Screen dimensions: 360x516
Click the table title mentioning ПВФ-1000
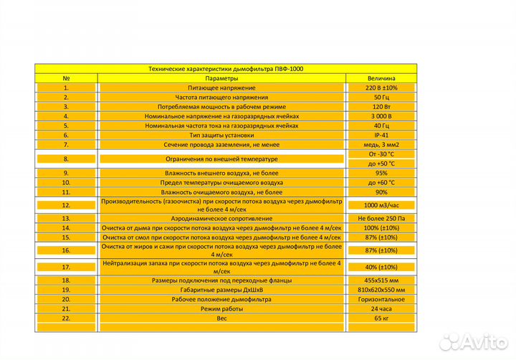[x=225, y=69]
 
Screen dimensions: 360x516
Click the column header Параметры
[x=221, y=78]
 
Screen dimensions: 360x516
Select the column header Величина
[x=381, y=78]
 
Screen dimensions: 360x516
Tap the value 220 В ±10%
[x=381, y=87]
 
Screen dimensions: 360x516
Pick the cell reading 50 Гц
[x=381, y=97]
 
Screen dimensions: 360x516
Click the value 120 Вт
[x=381, y=106]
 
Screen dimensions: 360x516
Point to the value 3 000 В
[x=381, y=115]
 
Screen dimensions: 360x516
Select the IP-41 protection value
[x=381, y=134]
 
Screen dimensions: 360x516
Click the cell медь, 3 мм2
[x=381, y=144]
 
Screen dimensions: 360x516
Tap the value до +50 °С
[x=381, y=164]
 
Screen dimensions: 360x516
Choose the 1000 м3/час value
[x=381, y=205]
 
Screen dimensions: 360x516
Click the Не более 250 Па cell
[x=381, y=218]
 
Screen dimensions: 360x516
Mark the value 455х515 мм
[x=381, y=280]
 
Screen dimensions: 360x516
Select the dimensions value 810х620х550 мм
[x=381, y=290]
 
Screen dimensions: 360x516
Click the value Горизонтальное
[x=381, y=299]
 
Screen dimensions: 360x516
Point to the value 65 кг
[x=381, y=317]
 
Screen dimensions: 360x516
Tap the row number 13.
[x=66, y=218]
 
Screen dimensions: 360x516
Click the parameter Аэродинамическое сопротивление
[x=221, y=218]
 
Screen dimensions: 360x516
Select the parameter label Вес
[x=221, y=317]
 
